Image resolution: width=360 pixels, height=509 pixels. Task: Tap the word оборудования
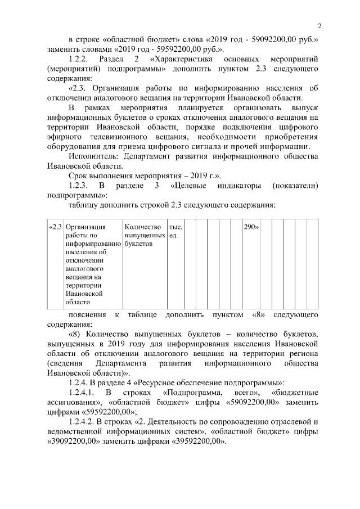click(x=75, y=147)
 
